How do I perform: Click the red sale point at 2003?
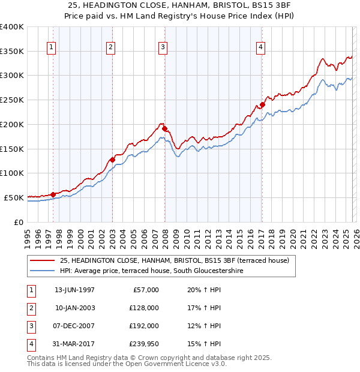point(112,160)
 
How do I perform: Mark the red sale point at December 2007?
point(164,128)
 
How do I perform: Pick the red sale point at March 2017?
point(262,105)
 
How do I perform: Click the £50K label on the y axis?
point(13,197)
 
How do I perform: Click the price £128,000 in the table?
point(143,308)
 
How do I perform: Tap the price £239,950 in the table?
point(143,344)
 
